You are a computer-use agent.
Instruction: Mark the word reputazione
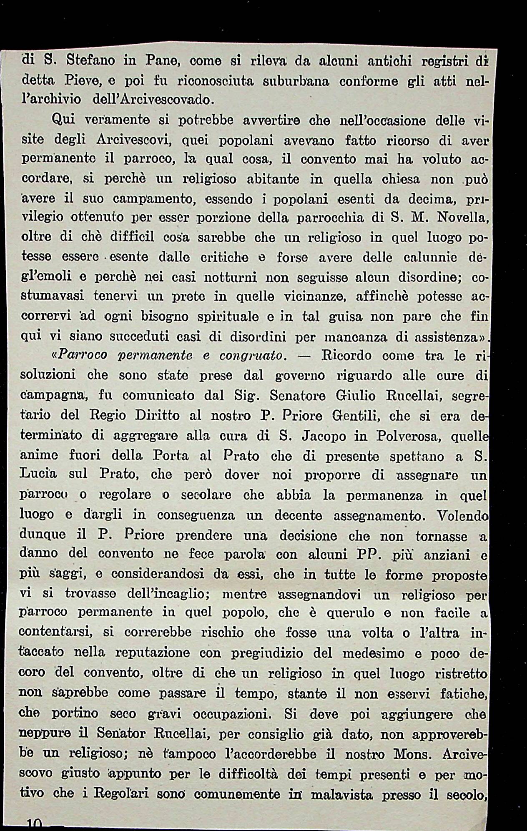(153, 653)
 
